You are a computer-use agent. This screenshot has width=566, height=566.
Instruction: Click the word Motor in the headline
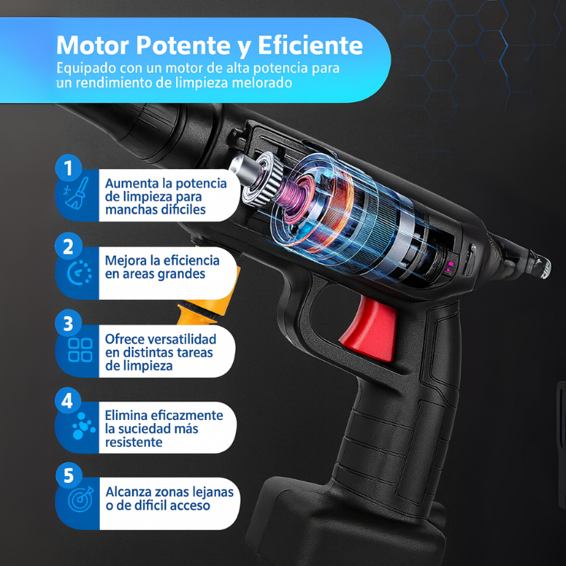93,45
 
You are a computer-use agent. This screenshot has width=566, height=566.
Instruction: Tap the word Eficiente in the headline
310,45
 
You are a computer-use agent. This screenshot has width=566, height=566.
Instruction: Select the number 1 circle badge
68,168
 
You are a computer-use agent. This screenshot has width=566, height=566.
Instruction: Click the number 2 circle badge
68,248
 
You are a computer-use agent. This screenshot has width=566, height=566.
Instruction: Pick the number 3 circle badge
68,324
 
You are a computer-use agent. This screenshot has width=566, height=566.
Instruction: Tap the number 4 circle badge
68,401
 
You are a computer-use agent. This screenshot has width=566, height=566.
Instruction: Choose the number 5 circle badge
68,475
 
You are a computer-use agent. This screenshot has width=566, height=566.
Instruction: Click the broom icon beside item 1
77,193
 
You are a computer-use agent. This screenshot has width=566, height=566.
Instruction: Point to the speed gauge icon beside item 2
79,272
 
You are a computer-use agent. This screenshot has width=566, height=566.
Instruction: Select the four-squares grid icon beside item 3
80,350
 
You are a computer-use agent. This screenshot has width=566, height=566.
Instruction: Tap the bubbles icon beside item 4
84,426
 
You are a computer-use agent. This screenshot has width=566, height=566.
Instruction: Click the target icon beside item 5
81,499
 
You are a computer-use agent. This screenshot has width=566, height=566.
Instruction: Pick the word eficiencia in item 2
190,260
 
